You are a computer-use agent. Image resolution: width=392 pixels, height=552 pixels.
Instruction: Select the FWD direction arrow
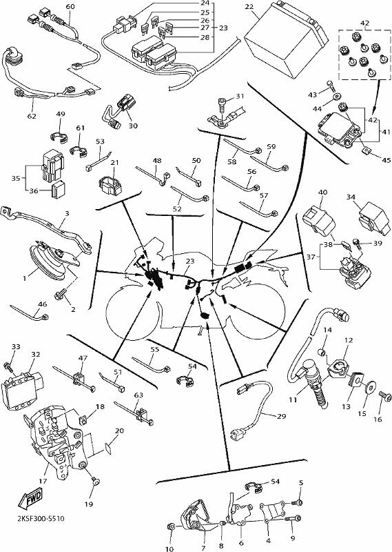[30, 500]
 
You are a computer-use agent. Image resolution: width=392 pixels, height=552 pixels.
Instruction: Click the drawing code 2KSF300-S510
[41, 519]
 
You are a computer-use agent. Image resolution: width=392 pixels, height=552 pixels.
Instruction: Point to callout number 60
[70, 6]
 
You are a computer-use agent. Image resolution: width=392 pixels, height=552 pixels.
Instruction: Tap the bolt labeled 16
[385, 396]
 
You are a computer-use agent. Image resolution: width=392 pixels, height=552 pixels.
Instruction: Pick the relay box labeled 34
[374, 217]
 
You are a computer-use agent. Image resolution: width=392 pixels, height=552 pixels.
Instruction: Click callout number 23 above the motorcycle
[190, 262]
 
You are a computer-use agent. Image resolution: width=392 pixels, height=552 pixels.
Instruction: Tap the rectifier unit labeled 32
[23, 386]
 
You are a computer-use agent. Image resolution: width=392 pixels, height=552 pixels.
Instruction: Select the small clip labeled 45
[365, 151]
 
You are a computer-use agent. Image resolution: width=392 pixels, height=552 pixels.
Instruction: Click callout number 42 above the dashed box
[364, 23]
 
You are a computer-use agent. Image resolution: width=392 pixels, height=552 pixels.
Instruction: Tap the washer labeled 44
[338, 96]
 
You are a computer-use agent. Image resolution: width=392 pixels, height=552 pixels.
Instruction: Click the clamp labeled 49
[58, 137]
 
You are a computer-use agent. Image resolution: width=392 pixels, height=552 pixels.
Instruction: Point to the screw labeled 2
[61, 294]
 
